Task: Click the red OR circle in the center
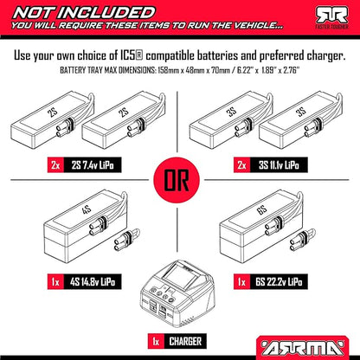(x=177, y=180)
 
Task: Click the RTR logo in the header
(x=332, y=16)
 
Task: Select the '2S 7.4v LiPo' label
(x=93, y=165)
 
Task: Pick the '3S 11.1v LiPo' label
(x=279, y=165)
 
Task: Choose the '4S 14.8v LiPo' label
(x=93, y=281)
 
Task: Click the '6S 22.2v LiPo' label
(x=279, y=281)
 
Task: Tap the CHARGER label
(x=185, y=342)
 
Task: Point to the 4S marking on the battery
(x=87, y=209)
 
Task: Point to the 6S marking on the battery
(x=261, y=210)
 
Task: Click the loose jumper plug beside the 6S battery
(x=302, y=239)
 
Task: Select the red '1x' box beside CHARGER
(x=156, y=342)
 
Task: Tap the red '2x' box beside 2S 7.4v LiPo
(x=55, y=165)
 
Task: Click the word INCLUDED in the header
(x=108, y=13)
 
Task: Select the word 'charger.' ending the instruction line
(x=326, y=56)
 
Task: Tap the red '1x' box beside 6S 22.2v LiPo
(x=242, y=281)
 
